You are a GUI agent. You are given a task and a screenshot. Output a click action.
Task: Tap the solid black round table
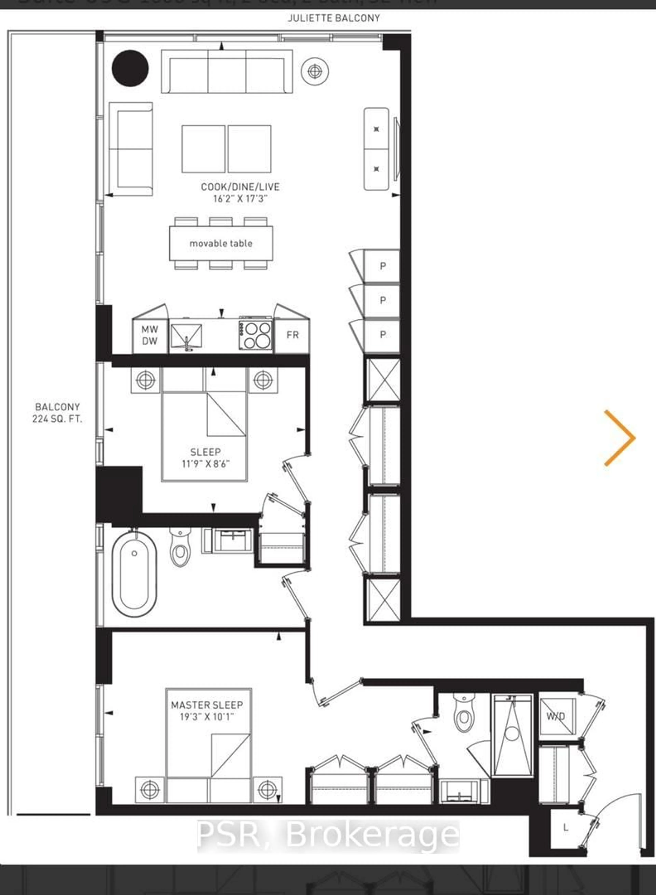tap(130, 68)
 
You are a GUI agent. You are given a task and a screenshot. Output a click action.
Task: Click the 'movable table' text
tap(221, 244)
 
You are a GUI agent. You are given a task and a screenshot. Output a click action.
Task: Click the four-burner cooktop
tap(255, 335)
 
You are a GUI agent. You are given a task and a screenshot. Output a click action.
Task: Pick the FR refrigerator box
tap(292, 335)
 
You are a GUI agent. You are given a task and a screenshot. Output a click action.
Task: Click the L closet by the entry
tap(565, 828)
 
